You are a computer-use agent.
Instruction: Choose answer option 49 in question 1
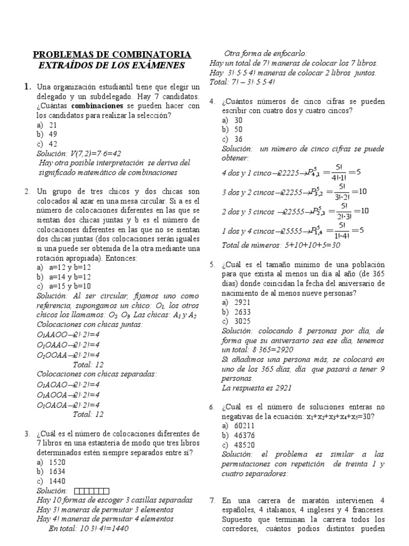(53, 134)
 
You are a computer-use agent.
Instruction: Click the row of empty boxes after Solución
(92, 491)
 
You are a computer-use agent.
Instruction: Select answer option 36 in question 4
(239, 140)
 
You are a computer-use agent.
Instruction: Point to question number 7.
(212, 501)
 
